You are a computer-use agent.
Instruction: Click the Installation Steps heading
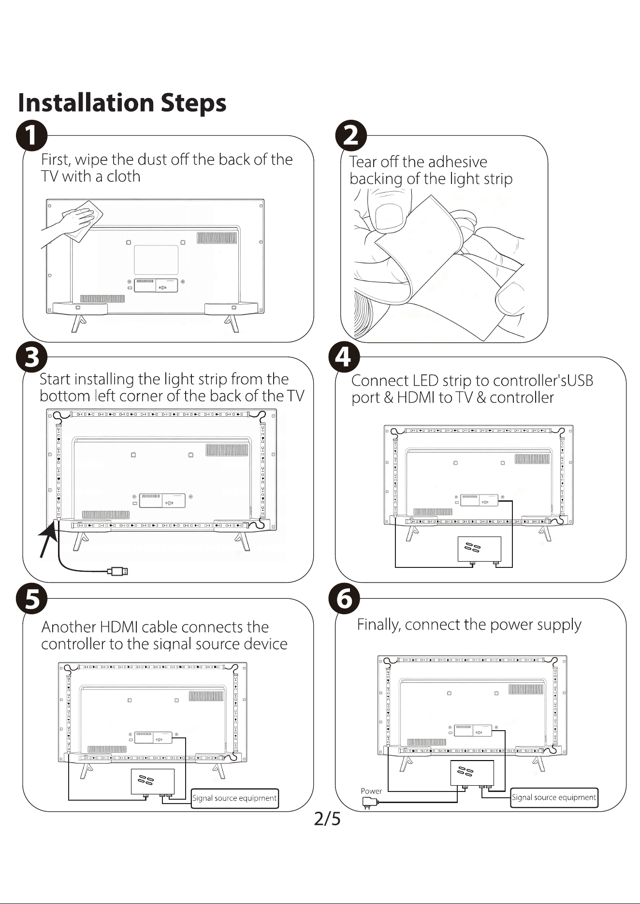(x=122, y=103)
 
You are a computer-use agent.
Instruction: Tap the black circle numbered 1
(x=31, y=136)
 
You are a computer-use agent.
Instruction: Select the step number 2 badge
(x=351, y=136)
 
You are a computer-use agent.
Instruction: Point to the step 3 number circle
(x=31, y=358)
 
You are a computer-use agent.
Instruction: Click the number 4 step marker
(x=344, y=358)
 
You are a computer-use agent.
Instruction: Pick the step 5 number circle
(x=31, y=599)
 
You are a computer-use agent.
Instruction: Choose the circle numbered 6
(x=344, y=599)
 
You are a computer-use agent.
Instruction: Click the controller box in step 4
(x=480, y=549)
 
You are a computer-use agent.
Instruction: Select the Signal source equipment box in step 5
(x=234, y=798)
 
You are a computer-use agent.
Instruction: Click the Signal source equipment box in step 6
(x=554, y=797)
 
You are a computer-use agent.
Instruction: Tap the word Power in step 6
(x=371, y=791)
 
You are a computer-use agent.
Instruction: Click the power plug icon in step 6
(x=369, y=804)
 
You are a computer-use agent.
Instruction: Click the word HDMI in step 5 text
(x=119, y=627)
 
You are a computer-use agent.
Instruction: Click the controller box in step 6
(x=472, y=773)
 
